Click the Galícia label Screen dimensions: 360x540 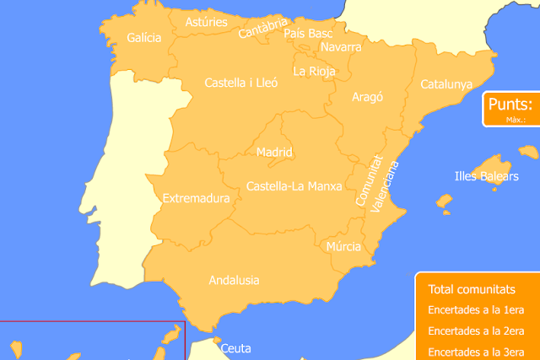(143, 38)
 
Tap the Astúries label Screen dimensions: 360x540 (206, 22)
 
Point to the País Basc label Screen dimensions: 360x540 (308, 33)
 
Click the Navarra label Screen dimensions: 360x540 (341, 47)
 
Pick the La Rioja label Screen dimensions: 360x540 (314, 72)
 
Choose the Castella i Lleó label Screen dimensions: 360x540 (241, 83)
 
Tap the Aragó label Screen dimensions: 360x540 (367, 97)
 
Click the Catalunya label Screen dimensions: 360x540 (446, 84)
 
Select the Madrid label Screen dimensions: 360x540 (274, 153)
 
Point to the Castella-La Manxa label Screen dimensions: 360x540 (294, 185)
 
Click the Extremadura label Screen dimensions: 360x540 (196, 199)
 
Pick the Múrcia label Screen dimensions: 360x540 (343, 247)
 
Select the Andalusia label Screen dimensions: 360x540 (234, 280)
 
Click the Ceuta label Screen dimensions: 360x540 (236, 347)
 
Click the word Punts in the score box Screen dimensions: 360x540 (510, 105)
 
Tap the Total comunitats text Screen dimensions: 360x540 (472, 288)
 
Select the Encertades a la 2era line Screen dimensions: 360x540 (477, 330)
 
